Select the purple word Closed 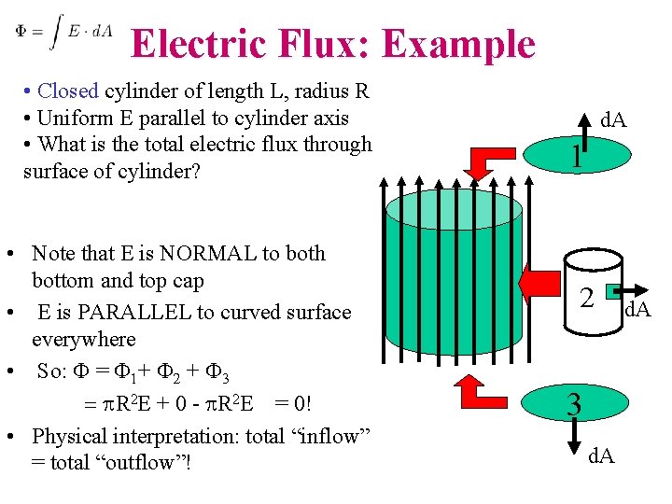click(67, 91)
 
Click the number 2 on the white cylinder click(586, 298)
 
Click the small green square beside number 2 click(613, 294)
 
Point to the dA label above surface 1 click(613, 120)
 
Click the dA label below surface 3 click(601, 457)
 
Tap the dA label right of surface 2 click(637, 309)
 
